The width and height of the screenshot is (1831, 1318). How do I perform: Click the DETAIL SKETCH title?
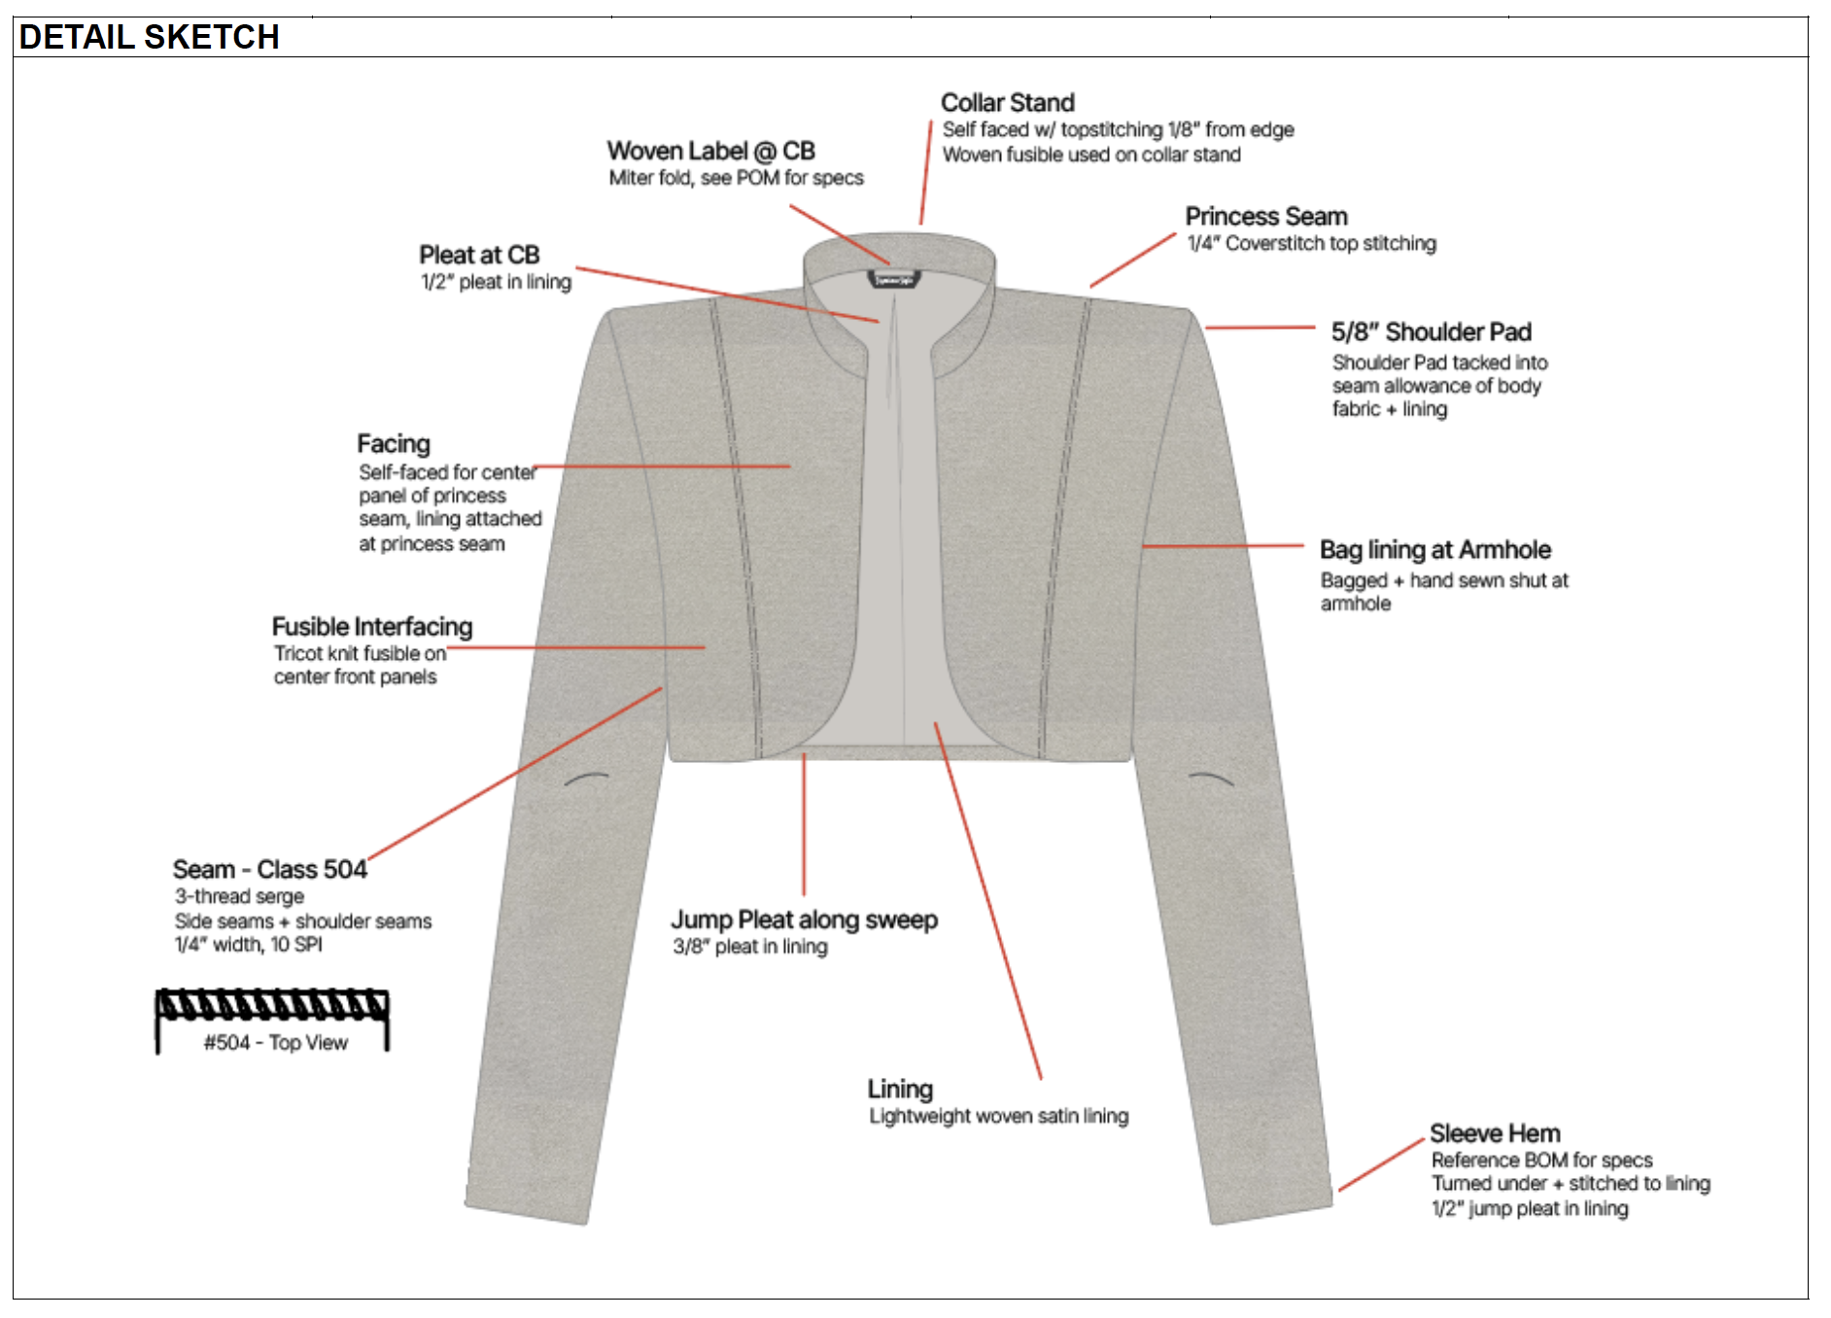pyautogui.click(x=149, y=37)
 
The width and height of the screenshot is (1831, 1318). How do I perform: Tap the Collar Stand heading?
pyautogui.click(x=1007, y=102)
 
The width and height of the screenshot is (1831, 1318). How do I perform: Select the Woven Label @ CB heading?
pyautogui.click(x=710, y=151)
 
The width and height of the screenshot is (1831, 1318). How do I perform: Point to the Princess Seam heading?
pyautogui.click(x=1265, y=216)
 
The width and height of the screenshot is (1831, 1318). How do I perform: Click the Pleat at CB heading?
pyautogui.click(x=479, y=255)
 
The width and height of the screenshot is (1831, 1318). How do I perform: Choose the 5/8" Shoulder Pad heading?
pyautogui.click(x=1431, y=332)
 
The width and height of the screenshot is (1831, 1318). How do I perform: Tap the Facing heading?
pyautogui.click(x=393, y=444)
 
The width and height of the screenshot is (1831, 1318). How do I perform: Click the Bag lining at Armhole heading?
pyautogui.click(x=1434, y=550)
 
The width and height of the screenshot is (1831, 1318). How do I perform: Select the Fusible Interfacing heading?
pyautogui.click(x=372, y=627)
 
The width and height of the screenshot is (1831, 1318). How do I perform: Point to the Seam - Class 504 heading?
pyautogui.click(x=269, y=869)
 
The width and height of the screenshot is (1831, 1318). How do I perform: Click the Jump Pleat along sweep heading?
pyautogui.click(x=804, y=919)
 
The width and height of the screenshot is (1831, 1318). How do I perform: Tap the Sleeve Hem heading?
pyautogui.click(x=1495, y=1133)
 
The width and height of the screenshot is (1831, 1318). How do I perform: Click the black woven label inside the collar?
pyautogui.click(x=894, y=280)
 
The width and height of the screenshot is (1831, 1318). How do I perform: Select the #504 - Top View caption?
pyautogui.click(x=275, y=1043)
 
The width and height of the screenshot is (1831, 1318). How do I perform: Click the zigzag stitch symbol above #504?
pyautogui.click(x=272, y=1005)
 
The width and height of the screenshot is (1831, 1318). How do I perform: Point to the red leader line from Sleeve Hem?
pyautogui.click(x=1380, y=1165)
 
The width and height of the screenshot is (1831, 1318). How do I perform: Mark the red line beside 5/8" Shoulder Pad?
pyautogui.click(x=1260, y=328)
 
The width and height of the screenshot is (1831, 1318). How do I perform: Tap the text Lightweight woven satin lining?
pyautogui.click(x=998, y=1116)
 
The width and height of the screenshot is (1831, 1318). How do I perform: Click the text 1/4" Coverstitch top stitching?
pyautogui.click(x=1310, y=243)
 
